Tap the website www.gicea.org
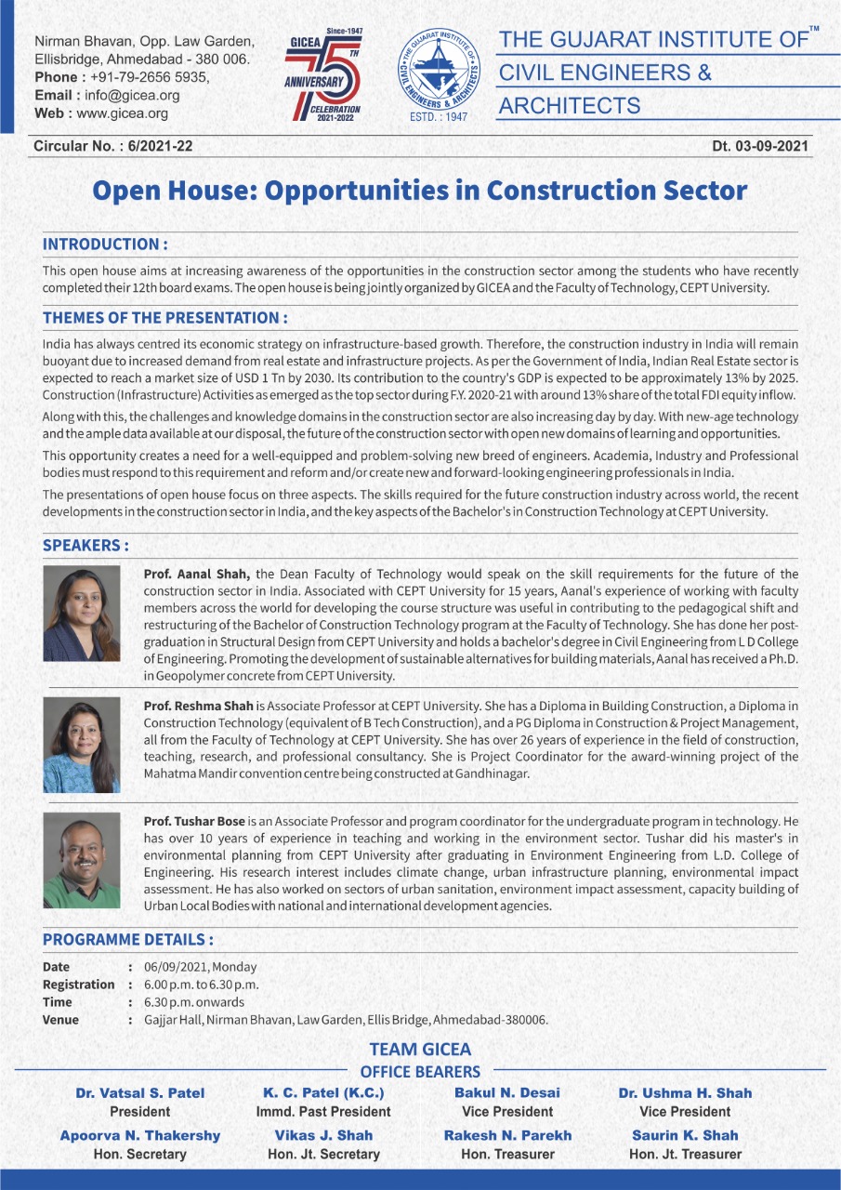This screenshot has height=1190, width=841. (x=122, y=113)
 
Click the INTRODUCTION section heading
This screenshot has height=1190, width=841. (x=105, y=245)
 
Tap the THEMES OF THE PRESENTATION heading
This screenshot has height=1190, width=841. (x=164, y=318)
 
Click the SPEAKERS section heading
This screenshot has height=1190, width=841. (x=85, y=545)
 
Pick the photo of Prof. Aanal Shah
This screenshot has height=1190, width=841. (x=82, y=614)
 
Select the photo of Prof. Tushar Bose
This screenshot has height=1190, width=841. (x=82, y=860)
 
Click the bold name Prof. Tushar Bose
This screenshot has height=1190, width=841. (x=194, y=822)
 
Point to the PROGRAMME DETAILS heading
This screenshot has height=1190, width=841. (x=128, y=939)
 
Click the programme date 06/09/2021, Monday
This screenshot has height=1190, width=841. (x=200, y=967)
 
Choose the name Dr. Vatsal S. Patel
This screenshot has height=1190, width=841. (x=140, y=1092)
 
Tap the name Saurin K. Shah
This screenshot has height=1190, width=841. (x=685, y=1135)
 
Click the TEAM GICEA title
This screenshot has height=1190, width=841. (x=420, y=1050)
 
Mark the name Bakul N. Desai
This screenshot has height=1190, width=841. (x=507, y=1092)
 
